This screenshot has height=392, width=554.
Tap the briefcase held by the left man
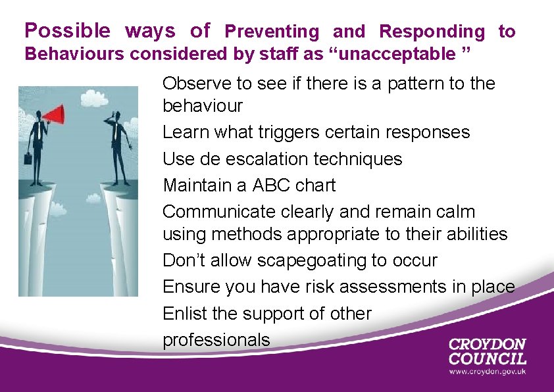28,158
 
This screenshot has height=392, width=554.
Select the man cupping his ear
118,145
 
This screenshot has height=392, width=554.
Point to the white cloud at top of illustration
91,98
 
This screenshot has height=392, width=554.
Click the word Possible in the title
68,31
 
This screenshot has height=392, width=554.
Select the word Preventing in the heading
272,32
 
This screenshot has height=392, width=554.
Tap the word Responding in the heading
432,32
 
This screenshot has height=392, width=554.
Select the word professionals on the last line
216,339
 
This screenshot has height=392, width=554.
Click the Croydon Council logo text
487,351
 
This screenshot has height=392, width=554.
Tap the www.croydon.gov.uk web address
488,372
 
